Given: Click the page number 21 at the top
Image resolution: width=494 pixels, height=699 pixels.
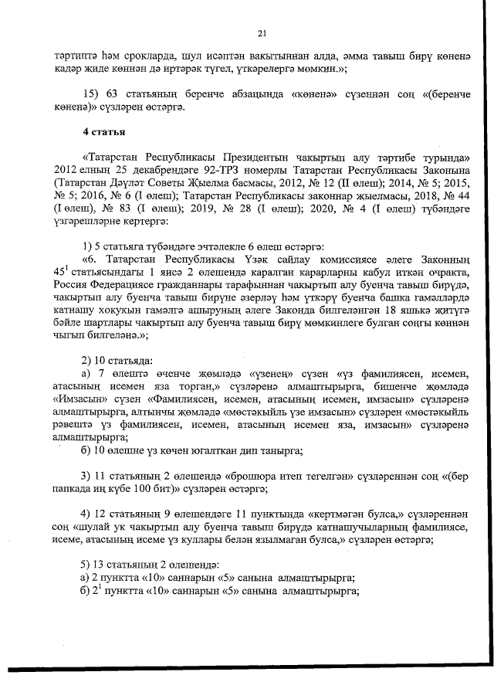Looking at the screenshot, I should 262,33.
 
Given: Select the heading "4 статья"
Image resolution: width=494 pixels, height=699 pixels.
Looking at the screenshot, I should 106,137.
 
